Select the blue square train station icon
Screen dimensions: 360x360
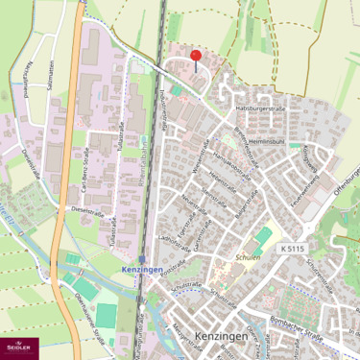pos(142,259)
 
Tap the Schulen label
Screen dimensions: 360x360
pos(249,259)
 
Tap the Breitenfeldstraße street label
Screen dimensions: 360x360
pos(247,144)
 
